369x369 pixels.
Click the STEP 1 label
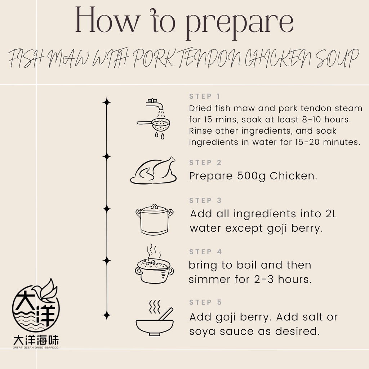click(205, 96)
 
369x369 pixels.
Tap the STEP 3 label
click(205, 200)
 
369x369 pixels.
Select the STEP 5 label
click(205, 302)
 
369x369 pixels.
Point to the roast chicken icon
click(154, 170)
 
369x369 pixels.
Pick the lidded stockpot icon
click(154, 219)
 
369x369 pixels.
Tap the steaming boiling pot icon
click(154, 264)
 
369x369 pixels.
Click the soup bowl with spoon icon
click(155, 318)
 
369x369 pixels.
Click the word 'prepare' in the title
click(239, 23)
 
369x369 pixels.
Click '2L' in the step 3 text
click(331, 214)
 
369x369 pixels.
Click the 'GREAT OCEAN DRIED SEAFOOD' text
click(36, 347)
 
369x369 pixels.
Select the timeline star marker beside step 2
click(107, 156)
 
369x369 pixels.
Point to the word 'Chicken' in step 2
click(293, 176)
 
